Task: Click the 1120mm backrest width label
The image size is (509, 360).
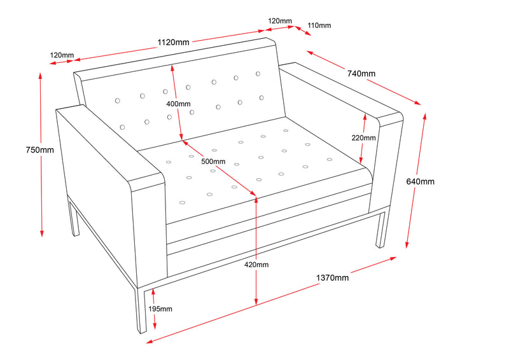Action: tap(173, 43)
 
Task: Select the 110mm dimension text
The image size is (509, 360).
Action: tap(319, 25)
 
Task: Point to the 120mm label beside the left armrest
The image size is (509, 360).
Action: tap(62, 55)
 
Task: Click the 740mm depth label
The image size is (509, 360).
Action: tap(361, 73)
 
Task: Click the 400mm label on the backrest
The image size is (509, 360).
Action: tap(178, 104)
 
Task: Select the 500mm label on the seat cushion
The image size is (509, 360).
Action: tap(213, 161)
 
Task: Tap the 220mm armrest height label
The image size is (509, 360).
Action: tap(363, 137)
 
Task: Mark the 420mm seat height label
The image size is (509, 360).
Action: tap(256, 264)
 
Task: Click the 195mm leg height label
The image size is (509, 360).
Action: tap(160, 308)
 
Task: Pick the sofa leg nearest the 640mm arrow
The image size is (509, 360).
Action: tap(381, 229)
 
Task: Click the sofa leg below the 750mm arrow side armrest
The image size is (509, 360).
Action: tap(73, 219)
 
